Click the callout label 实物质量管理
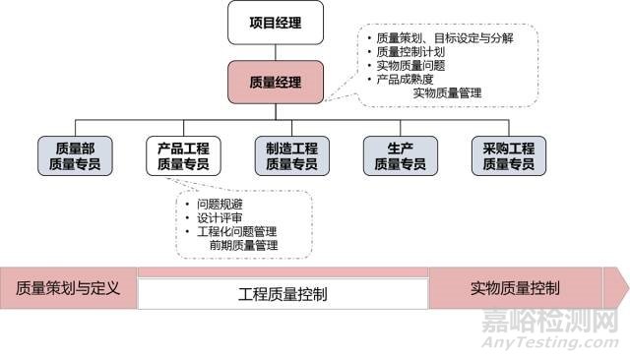click(x=447, y=93)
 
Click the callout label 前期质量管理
click(x=243, y=245)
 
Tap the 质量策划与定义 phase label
click(x=68, y=288)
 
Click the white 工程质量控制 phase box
click(x=283, y=294)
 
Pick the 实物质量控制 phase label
click(x=515, y=288)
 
